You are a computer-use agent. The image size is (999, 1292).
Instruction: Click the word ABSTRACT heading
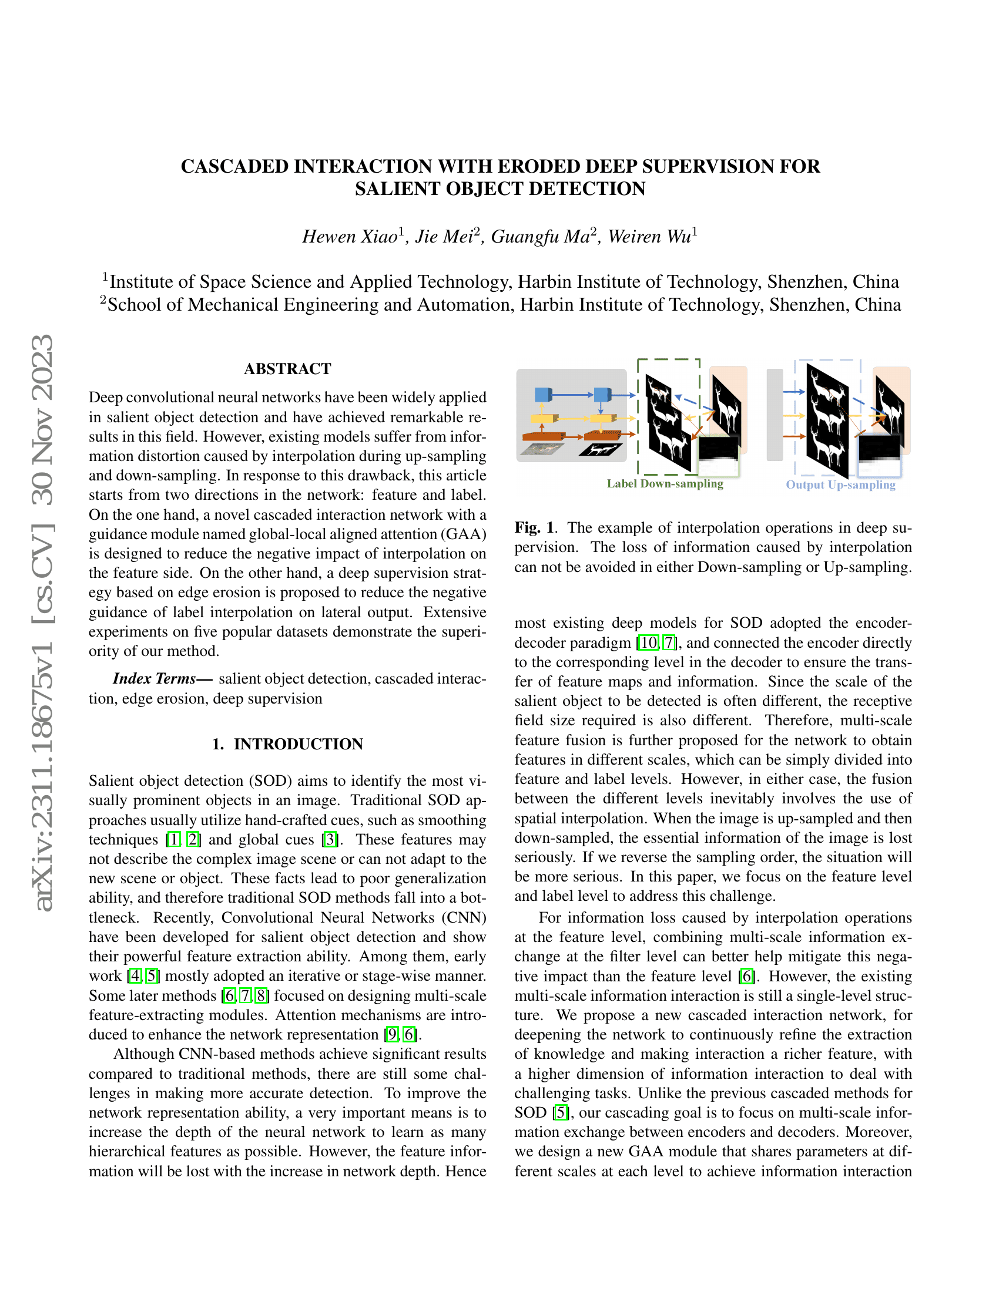[x=287, y=369]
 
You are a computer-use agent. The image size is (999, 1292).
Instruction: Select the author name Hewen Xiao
[x=350, y=237]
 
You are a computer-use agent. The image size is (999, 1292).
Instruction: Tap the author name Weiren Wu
[x=649, y=237]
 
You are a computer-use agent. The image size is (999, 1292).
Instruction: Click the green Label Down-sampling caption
[x=665, y=483]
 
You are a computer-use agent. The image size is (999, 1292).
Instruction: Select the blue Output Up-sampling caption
[x=840, y=484]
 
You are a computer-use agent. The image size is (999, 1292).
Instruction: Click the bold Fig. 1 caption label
[x=535, y=527]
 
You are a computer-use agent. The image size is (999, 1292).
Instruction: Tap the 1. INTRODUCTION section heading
[x=287, y=743]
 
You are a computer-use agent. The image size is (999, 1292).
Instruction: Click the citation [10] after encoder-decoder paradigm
[x=649, y=642]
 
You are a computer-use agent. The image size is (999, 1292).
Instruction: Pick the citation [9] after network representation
[x=392, y=1034]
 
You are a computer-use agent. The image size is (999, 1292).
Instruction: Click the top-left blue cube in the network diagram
[x=543, y=394]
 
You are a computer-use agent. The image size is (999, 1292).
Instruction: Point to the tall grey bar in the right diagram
[x=774, y=414]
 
